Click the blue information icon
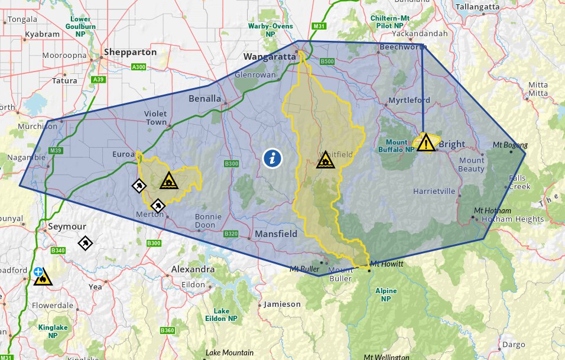[x=272, y=158]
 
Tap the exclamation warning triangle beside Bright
[x=426, y=143]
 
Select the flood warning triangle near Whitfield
[x=324, y=160]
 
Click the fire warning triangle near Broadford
[x=43, y=277]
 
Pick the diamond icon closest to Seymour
[x=85, y=243]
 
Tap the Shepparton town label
[x=130, y=52]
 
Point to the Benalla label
[x=204, y=98]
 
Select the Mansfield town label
[x=276, y=234]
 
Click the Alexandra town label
[x=193, y=269]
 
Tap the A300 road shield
[x=139, y=67]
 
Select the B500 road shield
[x=327, y=61]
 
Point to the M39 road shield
[x=56, y=151]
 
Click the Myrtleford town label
[x=409, y=100]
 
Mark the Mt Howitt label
[x=387, y=264]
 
